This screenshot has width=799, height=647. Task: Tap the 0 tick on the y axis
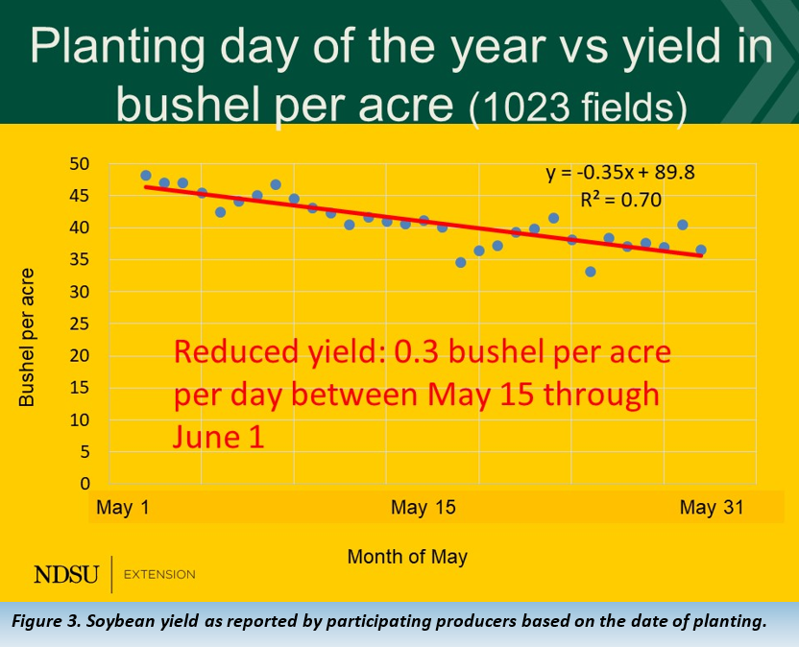pos(85,484)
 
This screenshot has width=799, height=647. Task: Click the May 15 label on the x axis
pos(423,508)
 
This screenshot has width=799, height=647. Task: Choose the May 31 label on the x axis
pos(712,508)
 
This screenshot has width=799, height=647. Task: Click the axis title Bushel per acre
pos(27,323)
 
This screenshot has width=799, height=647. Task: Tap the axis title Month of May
pos(407,557)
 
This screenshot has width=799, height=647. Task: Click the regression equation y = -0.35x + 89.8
pos(620,174)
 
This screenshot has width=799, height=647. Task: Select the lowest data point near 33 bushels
pos(591,272)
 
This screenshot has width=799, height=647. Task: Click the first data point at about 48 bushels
pos(146,176)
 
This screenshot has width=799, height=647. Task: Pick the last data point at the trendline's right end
pos(701,250)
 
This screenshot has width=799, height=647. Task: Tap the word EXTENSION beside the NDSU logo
pos(160,575)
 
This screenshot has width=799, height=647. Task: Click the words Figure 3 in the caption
pos(51,621)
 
